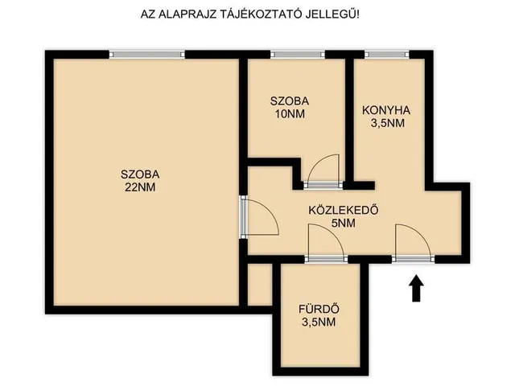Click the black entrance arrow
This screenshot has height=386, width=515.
[416, 289]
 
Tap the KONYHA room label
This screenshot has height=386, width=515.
[387, 111]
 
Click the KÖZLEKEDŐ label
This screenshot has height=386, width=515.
[344, 211]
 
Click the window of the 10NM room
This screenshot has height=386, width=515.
[295, 54]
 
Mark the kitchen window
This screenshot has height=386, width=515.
[385, 54]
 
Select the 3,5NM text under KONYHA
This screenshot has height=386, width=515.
[387, 124]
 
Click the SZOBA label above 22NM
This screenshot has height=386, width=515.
[140, 175]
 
